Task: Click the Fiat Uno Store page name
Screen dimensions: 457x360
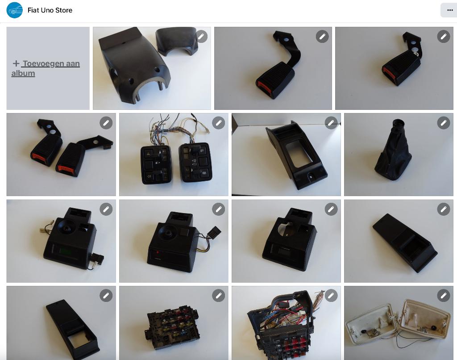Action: (x=50, y=10)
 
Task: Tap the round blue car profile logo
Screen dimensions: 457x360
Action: (x=15, y=10)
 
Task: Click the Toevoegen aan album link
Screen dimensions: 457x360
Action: (x=46, y=68)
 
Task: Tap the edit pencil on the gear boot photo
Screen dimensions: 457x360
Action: (x=443, y=123)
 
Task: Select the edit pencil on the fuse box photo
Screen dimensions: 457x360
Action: (x=218, y=296)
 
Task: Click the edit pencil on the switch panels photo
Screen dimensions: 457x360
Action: (x=218, y=123)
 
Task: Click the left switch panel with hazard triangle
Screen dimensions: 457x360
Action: (x=156, y=165)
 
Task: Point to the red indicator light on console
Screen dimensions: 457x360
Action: (x=158, y=252)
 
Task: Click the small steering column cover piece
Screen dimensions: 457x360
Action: (x=177, y=41)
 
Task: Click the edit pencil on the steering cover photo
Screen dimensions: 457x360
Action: (x=201, y=37)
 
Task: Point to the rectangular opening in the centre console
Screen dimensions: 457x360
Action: (x=299, y=154)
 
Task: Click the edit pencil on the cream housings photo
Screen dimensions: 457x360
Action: (x=443, y=296)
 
